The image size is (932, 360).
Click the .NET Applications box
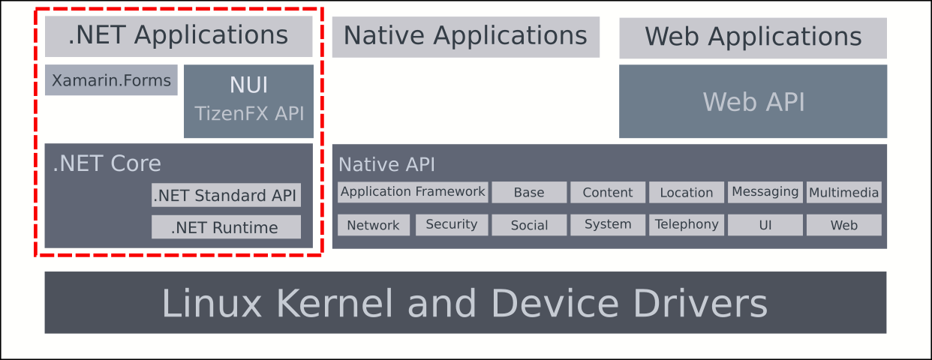tap(178, 36)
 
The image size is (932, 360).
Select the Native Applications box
tap(465, 37)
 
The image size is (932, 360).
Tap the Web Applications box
tap(753, 37)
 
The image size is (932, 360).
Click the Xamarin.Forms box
tap(111, 80)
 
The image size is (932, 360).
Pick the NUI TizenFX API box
tap(248, 100)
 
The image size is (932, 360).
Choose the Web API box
tap(753, 101)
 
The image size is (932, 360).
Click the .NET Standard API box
tap(226, 196)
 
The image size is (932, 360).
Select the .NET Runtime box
tap(226, 227)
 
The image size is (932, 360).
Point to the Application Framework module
tap(413, 192)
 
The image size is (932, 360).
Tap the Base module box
tap(529, 193)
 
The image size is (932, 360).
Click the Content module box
tap(608, 193)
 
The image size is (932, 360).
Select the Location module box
tap(687, 193)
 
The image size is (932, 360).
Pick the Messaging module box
tap(765, 192)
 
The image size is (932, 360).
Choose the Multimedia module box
tap(843, 193)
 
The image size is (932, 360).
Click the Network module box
tap(374, 225)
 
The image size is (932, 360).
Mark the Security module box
tap(452, 224)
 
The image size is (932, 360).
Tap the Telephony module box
tap(687, 224)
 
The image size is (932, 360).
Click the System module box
tap(608, 225)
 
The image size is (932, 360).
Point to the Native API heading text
tap(386, 164)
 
